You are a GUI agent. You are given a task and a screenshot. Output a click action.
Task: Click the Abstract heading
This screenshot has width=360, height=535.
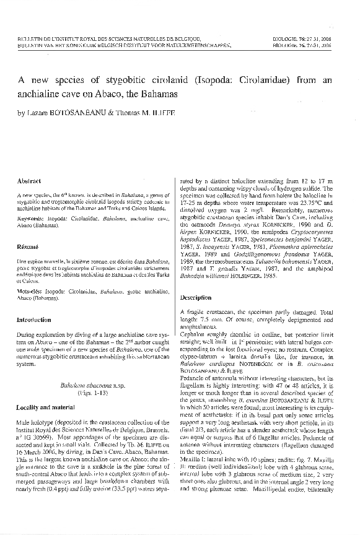pos(31,181)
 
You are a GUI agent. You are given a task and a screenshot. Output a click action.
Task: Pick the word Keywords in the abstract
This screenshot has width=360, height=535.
pos(35,219)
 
